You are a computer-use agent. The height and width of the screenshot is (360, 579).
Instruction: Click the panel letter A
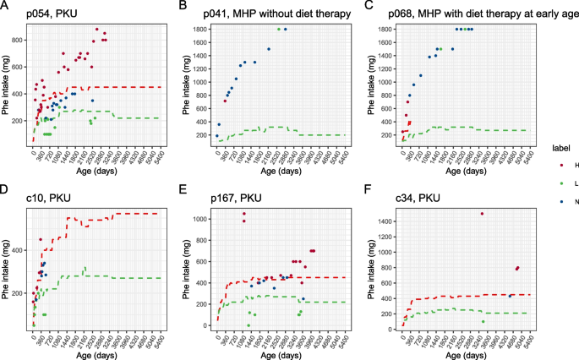pos(5,8)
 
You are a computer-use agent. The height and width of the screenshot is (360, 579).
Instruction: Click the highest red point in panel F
pos(482,214)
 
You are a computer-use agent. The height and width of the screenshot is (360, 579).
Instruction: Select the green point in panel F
pos(483,321)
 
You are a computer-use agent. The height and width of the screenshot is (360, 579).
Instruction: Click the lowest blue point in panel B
pos(216,135)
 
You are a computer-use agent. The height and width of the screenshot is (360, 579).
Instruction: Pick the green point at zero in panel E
pos(248,325)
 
